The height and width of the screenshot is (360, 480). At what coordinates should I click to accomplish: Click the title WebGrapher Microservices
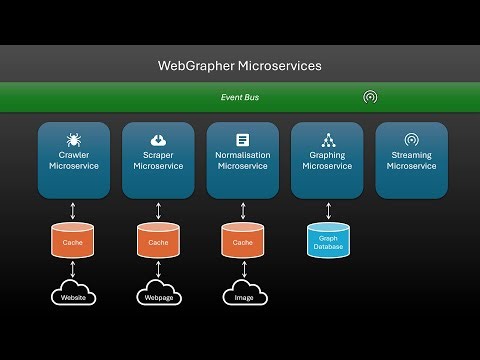pos(240,66)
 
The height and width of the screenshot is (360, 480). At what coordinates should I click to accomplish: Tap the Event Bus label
pos(240,97)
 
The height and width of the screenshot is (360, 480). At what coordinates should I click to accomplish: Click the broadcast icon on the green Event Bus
pos(370,97)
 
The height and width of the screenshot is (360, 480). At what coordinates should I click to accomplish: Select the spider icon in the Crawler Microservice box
pos(73,140)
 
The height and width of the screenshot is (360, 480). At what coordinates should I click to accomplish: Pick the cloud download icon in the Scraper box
pos(157,140)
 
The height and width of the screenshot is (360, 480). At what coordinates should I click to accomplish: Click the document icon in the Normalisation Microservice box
pos(242,140)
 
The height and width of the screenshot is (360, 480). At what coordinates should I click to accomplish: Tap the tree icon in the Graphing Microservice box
pos(326,140)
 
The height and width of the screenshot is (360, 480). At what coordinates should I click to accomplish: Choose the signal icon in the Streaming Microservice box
pos(411,140)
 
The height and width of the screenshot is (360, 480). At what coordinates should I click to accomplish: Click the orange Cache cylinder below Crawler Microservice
pos(73,241)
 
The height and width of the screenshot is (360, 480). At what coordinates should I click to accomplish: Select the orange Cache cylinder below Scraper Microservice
pos(157,241)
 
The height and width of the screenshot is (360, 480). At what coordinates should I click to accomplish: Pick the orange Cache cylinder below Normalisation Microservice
pos(242,241)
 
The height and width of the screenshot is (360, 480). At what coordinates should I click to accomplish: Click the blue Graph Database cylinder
pos(326,241)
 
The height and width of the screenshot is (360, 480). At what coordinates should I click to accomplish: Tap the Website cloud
pos(73,297)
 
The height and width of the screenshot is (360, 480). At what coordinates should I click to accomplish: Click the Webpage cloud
pos(157,297)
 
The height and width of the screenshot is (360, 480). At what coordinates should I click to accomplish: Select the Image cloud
pos(242,297)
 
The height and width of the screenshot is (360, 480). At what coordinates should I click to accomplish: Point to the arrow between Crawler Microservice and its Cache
pos(73,208)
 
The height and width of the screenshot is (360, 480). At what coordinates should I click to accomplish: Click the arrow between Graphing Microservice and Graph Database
pos(326,208)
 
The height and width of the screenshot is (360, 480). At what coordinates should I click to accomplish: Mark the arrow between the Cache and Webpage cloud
pos(157,270)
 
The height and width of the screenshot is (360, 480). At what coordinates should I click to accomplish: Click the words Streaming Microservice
pos(411,161)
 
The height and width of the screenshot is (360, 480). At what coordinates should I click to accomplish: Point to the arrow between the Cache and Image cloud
pos(242,270)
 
